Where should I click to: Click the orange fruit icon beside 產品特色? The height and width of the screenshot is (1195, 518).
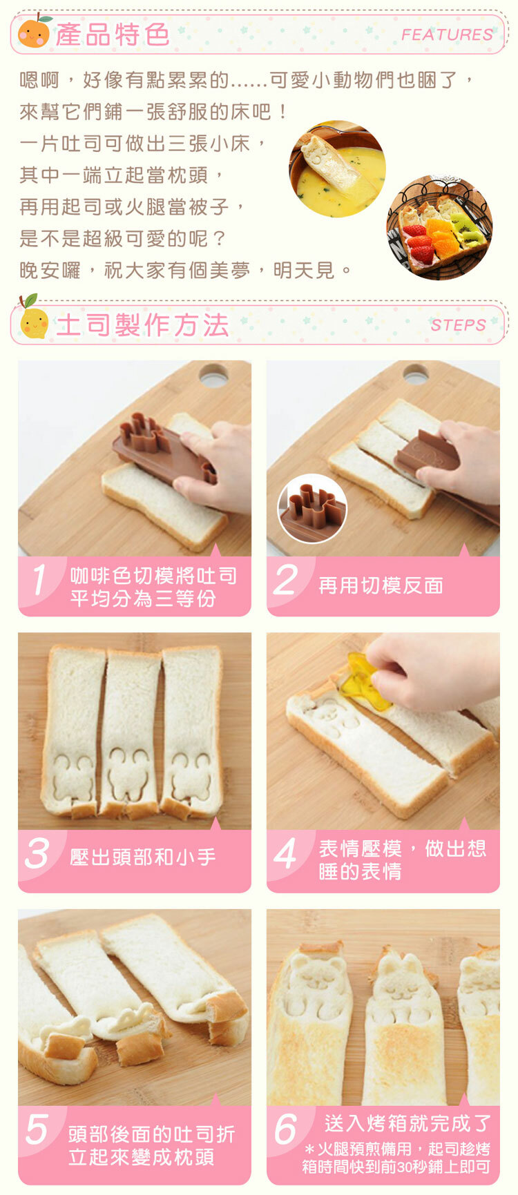coord(34,32)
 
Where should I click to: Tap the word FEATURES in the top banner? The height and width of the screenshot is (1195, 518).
coord(447,35)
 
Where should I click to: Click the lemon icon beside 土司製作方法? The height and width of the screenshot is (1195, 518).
coord(33,319)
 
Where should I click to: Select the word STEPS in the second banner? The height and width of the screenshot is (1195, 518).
coord(458,325)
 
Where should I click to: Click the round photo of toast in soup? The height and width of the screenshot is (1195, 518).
coord(337,169)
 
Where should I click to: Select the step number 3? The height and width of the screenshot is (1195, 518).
coord(37,853)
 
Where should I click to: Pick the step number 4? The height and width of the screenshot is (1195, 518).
coord(285,853)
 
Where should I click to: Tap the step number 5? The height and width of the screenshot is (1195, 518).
coord(37,1130)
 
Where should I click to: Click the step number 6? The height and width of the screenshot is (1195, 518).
coord(285,1130)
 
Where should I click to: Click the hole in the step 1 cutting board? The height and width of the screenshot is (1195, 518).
coord(214,376)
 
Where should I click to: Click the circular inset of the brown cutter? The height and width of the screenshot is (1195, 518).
coord(312,509)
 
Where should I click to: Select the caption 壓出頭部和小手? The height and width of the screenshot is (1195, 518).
coord(143,857)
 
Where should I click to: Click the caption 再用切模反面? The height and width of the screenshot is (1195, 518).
coord(381,585)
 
